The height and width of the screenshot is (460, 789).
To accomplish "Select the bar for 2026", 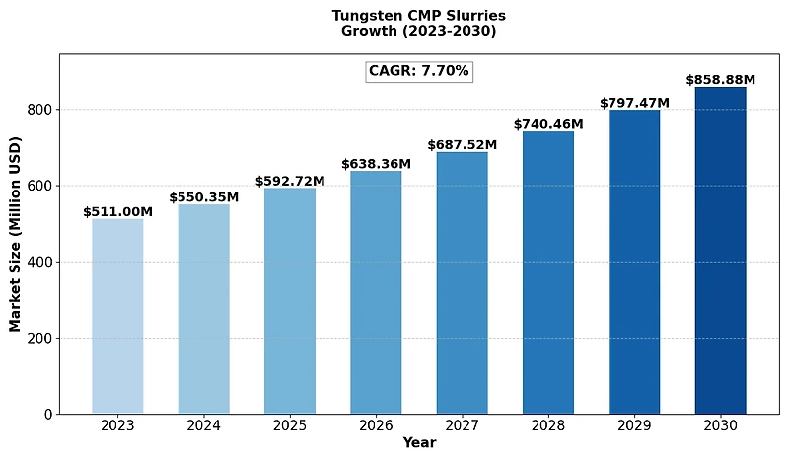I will point(376,292).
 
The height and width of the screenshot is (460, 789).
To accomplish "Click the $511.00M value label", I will point(117,211).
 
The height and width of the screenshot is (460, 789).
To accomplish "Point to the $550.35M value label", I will point(203,197).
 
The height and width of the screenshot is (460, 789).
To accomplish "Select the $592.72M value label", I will point(290,181).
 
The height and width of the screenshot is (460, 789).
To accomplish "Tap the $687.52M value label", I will point(462,145).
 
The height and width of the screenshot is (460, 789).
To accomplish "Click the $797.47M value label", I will point(634,103).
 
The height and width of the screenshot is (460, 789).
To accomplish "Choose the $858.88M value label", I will point(720,79).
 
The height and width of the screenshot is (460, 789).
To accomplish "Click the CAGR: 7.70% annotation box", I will point(419,71).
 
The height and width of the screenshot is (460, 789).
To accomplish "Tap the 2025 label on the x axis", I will point(290,425).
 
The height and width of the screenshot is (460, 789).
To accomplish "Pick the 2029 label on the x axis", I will point(634,425).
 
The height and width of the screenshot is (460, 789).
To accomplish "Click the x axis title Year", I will point(419,443).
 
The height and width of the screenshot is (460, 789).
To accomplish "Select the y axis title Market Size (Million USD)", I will point(16,234).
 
